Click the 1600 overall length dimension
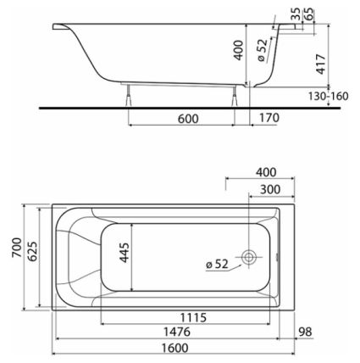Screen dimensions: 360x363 point(174,348)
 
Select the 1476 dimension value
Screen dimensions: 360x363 point(177,332)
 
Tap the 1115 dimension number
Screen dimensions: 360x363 point(193,318)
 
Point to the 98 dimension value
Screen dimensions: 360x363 point(305,332)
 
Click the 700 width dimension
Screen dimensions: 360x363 point(17,248)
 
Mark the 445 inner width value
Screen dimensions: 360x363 point(125,253)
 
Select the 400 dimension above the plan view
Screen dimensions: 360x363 point(266,172)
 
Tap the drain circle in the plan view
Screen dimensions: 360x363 point(248,257)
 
